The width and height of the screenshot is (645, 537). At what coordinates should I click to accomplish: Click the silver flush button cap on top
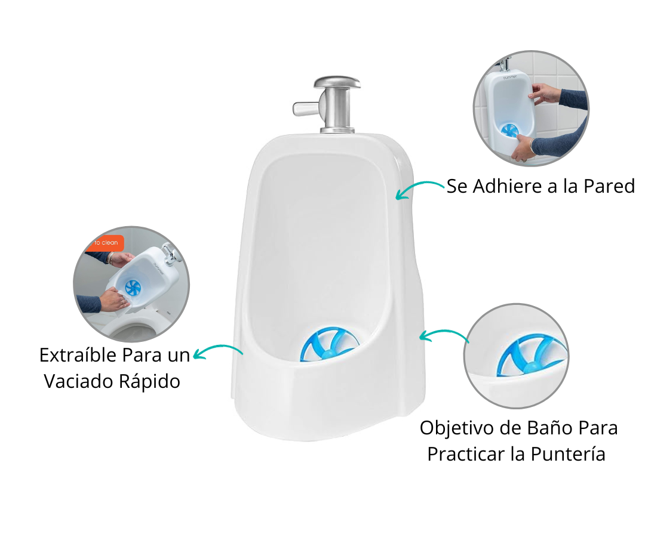click(x=337, y=82)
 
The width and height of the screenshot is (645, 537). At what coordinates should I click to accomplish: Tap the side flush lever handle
click(x=305, y=109)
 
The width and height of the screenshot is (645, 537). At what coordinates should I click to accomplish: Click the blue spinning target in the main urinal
click(x=328, y=344)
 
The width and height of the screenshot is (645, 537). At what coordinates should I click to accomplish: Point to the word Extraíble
click(x=78, y=355)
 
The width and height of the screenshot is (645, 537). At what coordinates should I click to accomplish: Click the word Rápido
click(x=149, y=382)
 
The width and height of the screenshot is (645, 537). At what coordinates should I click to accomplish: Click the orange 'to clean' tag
click(x=106, y=243)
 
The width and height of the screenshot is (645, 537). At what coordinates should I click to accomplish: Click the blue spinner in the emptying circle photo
click(x=133, y=288)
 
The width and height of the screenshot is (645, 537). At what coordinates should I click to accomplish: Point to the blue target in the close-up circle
click(x=531, y=356)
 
